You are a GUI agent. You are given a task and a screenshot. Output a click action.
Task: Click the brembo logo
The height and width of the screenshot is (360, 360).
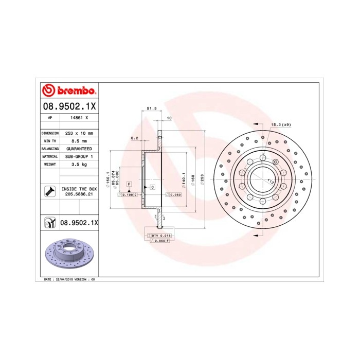pos(68,91)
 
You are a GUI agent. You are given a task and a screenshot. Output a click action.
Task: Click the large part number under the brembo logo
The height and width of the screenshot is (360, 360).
pos(68,107)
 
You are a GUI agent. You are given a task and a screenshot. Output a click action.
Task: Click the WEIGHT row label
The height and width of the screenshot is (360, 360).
pos(49,164)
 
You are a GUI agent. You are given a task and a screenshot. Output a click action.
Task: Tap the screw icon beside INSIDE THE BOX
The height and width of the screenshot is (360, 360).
pos(49,192)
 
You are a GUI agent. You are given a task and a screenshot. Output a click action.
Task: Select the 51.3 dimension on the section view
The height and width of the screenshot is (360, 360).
pos(152,109)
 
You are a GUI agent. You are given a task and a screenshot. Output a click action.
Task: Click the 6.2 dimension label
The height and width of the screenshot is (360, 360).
pos(135,138)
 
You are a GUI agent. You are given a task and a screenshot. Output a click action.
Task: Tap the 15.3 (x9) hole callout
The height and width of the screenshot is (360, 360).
pos(281,124)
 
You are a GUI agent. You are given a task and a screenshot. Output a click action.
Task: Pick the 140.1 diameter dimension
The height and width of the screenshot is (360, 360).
pos(184,179)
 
